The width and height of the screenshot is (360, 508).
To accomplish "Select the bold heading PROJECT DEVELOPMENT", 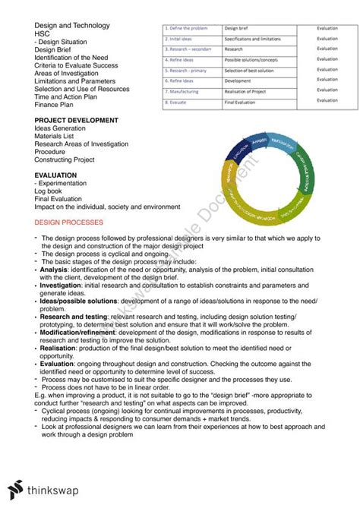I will [x=76, y=120].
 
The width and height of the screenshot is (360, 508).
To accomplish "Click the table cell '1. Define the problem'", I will [x=190, y=28].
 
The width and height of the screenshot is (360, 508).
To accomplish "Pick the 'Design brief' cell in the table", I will [x=239, y=28].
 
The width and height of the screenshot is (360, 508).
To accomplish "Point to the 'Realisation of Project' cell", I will [x=251, y=90].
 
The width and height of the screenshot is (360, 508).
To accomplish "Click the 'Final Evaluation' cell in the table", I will [x=243, y=100].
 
